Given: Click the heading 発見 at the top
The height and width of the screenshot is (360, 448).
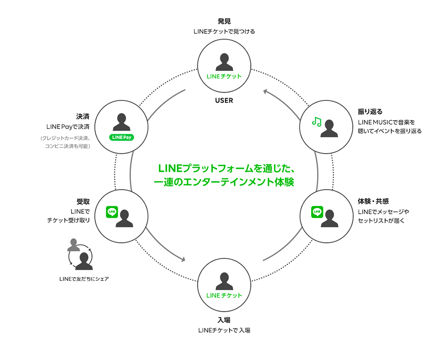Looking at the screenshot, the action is pos(224,21).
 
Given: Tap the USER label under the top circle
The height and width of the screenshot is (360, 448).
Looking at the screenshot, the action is pos(224,101).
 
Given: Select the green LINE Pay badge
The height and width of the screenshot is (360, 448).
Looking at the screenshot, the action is pos(121,137).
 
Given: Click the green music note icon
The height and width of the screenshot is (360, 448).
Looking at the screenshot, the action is pos(317,122).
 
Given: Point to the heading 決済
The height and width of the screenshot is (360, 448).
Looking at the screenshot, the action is pos(83,117).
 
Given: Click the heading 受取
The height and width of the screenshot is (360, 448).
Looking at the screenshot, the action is pos(83,202).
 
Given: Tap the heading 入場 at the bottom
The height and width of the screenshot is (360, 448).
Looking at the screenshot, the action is pos(224,320).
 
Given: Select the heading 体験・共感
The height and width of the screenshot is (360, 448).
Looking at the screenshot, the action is pos(373,201).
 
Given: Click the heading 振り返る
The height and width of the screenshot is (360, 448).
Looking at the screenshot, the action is pos(370,112).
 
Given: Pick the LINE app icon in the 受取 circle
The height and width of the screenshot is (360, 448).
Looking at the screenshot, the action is pos(112,212).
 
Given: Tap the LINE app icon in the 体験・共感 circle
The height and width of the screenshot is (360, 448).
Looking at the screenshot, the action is pos(317,212).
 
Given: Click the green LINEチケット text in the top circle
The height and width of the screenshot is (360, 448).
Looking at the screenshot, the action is pos(224,76).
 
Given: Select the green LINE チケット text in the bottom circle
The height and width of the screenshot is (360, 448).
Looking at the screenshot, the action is pos(224,295).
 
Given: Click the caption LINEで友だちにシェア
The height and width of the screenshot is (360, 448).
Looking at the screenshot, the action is pos(84,279).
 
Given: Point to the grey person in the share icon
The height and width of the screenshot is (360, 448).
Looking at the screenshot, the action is pos(73,245).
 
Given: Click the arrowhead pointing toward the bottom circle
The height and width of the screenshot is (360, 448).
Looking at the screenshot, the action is pos(183,259).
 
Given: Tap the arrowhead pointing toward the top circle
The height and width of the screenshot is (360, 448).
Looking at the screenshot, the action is pos(265,91).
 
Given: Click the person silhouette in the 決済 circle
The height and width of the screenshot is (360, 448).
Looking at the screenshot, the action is pos(121,122).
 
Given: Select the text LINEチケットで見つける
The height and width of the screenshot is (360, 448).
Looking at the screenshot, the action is pos(224,31).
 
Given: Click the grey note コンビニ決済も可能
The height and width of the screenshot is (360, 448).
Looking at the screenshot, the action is pos(67,146).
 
